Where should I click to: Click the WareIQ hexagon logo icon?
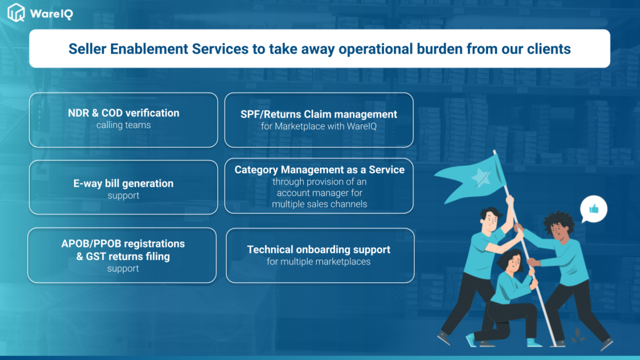coord(17,12)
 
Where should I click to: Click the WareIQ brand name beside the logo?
coord(51,14)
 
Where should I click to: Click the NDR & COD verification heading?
coord(124,113)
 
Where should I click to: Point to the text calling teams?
coord(124,125)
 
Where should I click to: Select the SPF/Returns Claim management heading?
coord(319,114)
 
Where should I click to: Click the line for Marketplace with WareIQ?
coord(319,126)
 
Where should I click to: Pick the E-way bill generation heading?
coord(123,183)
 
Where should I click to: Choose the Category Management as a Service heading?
coord(319,170)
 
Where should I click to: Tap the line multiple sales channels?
coord(319,204)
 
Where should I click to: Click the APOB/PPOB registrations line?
coord(123,244)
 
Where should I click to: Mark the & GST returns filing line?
coord(123,256)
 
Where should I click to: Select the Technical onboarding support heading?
coord(319,249)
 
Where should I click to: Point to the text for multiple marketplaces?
coord(319,261)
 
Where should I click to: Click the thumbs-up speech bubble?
coord(593,210)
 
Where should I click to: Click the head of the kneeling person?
coord(511,261)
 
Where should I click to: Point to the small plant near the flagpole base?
coord(577,336)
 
